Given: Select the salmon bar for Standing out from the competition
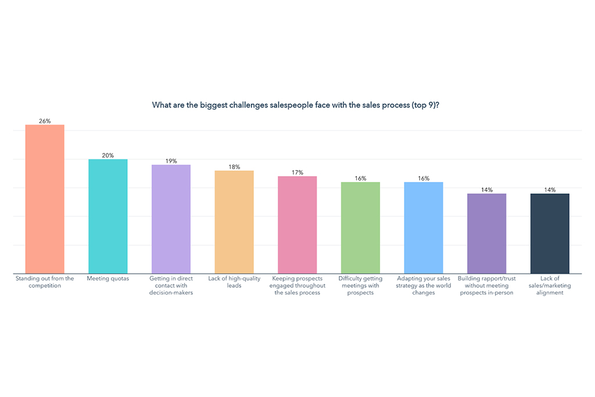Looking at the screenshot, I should click(45, 199).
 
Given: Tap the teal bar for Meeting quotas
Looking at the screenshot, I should click(107, 216).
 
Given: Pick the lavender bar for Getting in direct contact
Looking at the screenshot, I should click(171, 219).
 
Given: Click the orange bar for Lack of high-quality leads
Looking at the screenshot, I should click(234, 222).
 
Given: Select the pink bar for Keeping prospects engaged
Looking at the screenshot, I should click(297, 225).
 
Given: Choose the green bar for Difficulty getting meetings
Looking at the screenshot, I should click(360, 228).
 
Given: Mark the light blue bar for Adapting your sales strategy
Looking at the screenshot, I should click(424, 228).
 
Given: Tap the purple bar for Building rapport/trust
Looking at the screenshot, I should click(486, 233).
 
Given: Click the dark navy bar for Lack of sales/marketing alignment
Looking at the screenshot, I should click(550, 233).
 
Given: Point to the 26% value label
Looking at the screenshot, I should click(45, 121).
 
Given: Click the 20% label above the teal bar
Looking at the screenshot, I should click(107, 155).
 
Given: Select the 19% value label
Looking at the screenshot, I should click(171, 161).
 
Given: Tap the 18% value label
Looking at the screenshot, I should click(234, 167).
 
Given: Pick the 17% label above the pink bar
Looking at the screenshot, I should click(297, 173).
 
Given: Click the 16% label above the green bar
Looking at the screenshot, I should click(360, 178).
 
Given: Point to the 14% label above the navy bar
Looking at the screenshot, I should click(550, 189).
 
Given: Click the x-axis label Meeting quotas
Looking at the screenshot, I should click(107, 279).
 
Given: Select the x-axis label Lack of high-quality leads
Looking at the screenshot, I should click(234, 282).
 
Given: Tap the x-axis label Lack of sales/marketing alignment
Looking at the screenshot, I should click(550, 285).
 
